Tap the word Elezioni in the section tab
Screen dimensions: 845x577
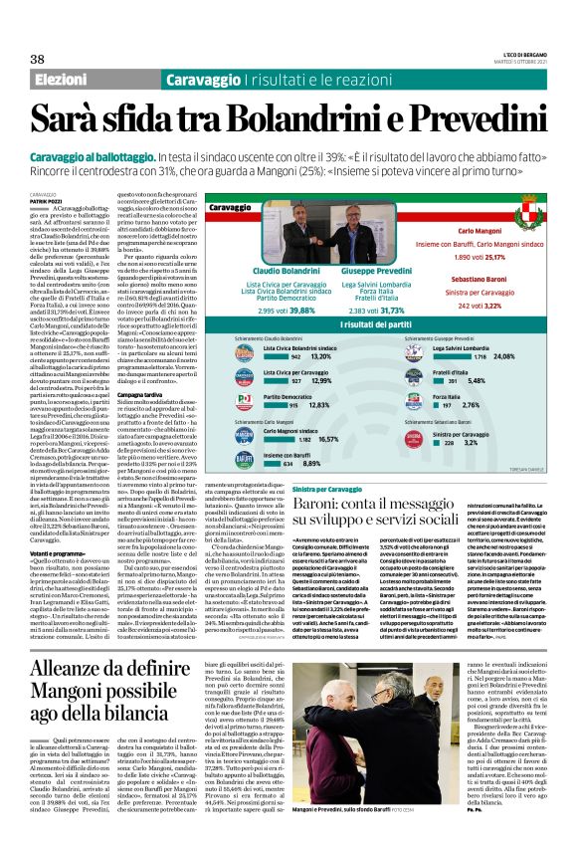(x=61, y=80)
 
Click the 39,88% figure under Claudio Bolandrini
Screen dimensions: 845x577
(x=296, y=311)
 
